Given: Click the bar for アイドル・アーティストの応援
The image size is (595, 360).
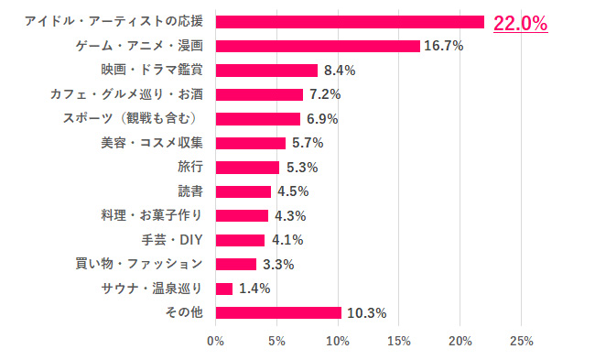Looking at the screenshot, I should [x=350, y=22].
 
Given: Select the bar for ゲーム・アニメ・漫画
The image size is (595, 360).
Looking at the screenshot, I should [x=318, y=46].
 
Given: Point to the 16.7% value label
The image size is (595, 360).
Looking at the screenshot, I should [x=443, y=46].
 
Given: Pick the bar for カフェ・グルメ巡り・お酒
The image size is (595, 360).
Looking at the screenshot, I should [x=259, y=94].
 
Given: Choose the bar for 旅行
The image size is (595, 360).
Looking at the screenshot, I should [x=247, y=168].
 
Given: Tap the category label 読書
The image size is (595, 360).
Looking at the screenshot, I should [x=190, y=191].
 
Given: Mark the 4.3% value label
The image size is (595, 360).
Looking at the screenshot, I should [x=289, y=216].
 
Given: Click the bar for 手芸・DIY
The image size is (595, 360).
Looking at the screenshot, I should [x=240, y=240].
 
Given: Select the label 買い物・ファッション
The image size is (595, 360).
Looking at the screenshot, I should [x=138, y=264].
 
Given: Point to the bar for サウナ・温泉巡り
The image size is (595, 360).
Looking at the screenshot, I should [x=224, y=289].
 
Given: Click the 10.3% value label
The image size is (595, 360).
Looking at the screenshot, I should [x=365, y=313].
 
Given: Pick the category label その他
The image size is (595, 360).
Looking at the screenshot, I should [x=184, y=312].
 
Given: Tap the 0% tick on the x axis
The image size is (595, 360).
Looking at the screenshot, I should [x=216, y=341].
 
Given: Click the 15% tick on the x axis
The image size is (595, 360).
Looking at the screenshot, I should [x=399, y=341].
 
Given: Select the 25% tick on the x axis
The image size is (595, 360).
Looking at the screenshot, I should [x=521, y=341].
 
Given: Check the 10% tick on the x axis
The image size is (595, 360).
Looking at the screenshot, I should [x=338, y=341].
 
